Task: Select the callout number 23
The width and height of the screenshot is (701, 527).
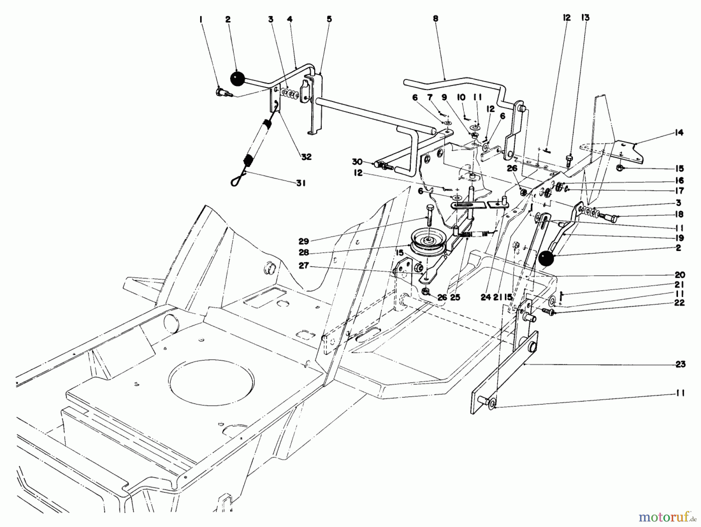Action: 680,364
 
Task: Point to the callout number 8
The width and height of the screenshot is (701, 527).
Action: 435,18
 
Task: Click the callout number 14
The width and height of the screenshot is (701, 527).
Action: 679,133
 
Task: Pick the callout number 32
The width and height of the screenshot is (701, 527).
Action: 306,156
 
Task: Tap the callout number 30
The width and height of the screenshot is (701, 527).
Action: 358,162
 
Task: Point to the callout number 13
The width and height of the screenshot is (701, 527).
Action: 585,18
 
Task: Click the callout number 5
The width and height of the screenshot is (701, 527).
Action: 329,18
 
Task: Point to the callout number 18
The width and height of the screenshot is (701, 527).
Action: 679,214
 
